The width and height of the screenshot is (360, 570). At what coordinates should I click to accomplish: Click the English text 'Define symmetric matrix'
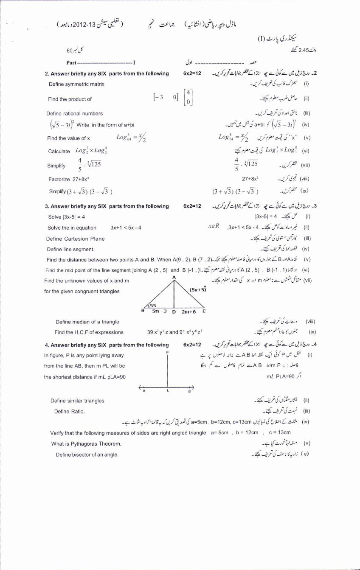[x=76, y=84]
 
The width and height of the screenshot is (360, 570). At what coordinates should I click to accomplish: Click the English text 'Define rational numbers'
[x=75, y=114]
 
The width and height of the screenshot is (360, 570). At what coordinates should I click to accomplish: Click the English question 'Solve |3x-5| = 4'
[x=67, y=216]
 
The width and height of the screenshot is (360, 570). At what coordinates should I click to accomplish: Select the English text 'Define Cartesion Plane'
[x=76, y=239]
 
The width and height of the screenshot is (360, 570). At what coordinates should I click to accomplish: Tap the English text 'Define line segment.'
[x=70, y=250]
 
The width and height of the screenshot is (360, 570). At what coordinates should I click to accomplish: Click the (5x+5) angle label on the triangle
[x=198, y=290]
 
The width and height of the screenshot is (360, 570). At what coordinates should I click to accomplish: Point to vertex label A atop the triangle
[x=174, y=277]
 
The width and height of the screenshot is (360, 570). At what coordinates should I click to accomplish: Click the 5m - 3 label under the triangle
[x=160, y=311]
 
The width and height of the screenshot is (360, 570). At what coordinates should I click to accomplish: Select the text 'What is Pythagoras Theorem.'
[x=86, y=444]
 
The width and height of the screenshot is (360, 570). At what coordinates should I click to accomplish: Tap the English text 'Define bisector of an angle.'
[x=87, y=455]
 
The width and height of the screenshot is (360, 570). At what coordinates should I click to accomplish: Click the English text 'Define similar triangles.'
[x=78, y=401]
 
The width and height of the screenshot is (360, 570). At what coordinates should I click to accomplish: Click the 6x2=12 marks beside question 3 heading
[x=192, y=206]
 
